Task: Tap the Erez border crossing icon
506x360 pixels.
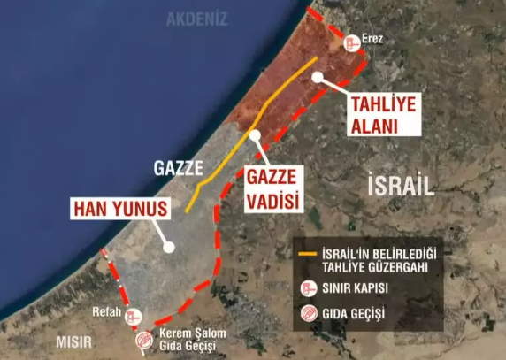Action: [352, 42]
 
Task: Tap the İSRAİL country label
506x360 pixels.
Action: [401, 185]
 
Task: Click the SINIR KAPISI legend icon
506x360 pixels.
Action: [309, 287]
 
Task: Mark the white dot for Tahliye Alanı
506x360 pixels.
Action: [317, 76]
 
